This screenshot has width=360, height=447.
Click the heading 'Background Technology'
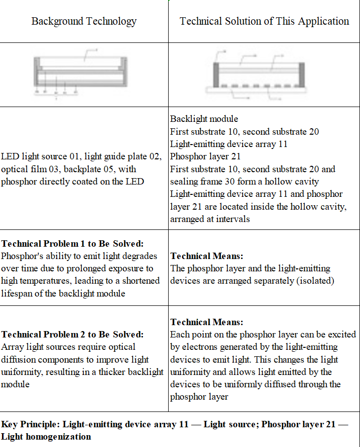click(84, 21)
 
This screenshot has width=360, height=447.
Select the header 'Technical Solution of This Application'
click(264, 21)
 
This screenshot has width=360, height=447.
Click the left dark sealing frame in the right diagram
click(216, 74)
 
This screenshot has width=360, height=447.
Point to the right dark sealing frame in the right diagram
click(302, 74)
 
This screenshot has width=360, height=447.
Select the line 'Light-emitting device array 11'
click(228, 144)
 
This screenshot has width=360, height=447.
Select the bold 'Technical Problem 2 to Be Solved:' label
click(72, 335)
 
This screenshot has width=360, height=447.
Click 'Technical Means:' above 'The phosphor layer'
click(207, 256)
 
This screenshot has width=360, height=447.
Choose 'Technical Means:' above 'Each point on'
click(207, 322)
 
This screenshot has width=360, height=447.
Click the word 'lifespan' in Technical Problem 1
click(18, 293)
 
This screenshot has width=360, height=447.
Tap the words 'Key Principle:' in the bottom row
click(31, 424)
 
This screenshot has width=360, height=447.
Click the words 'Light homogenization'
click(46, 437)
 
